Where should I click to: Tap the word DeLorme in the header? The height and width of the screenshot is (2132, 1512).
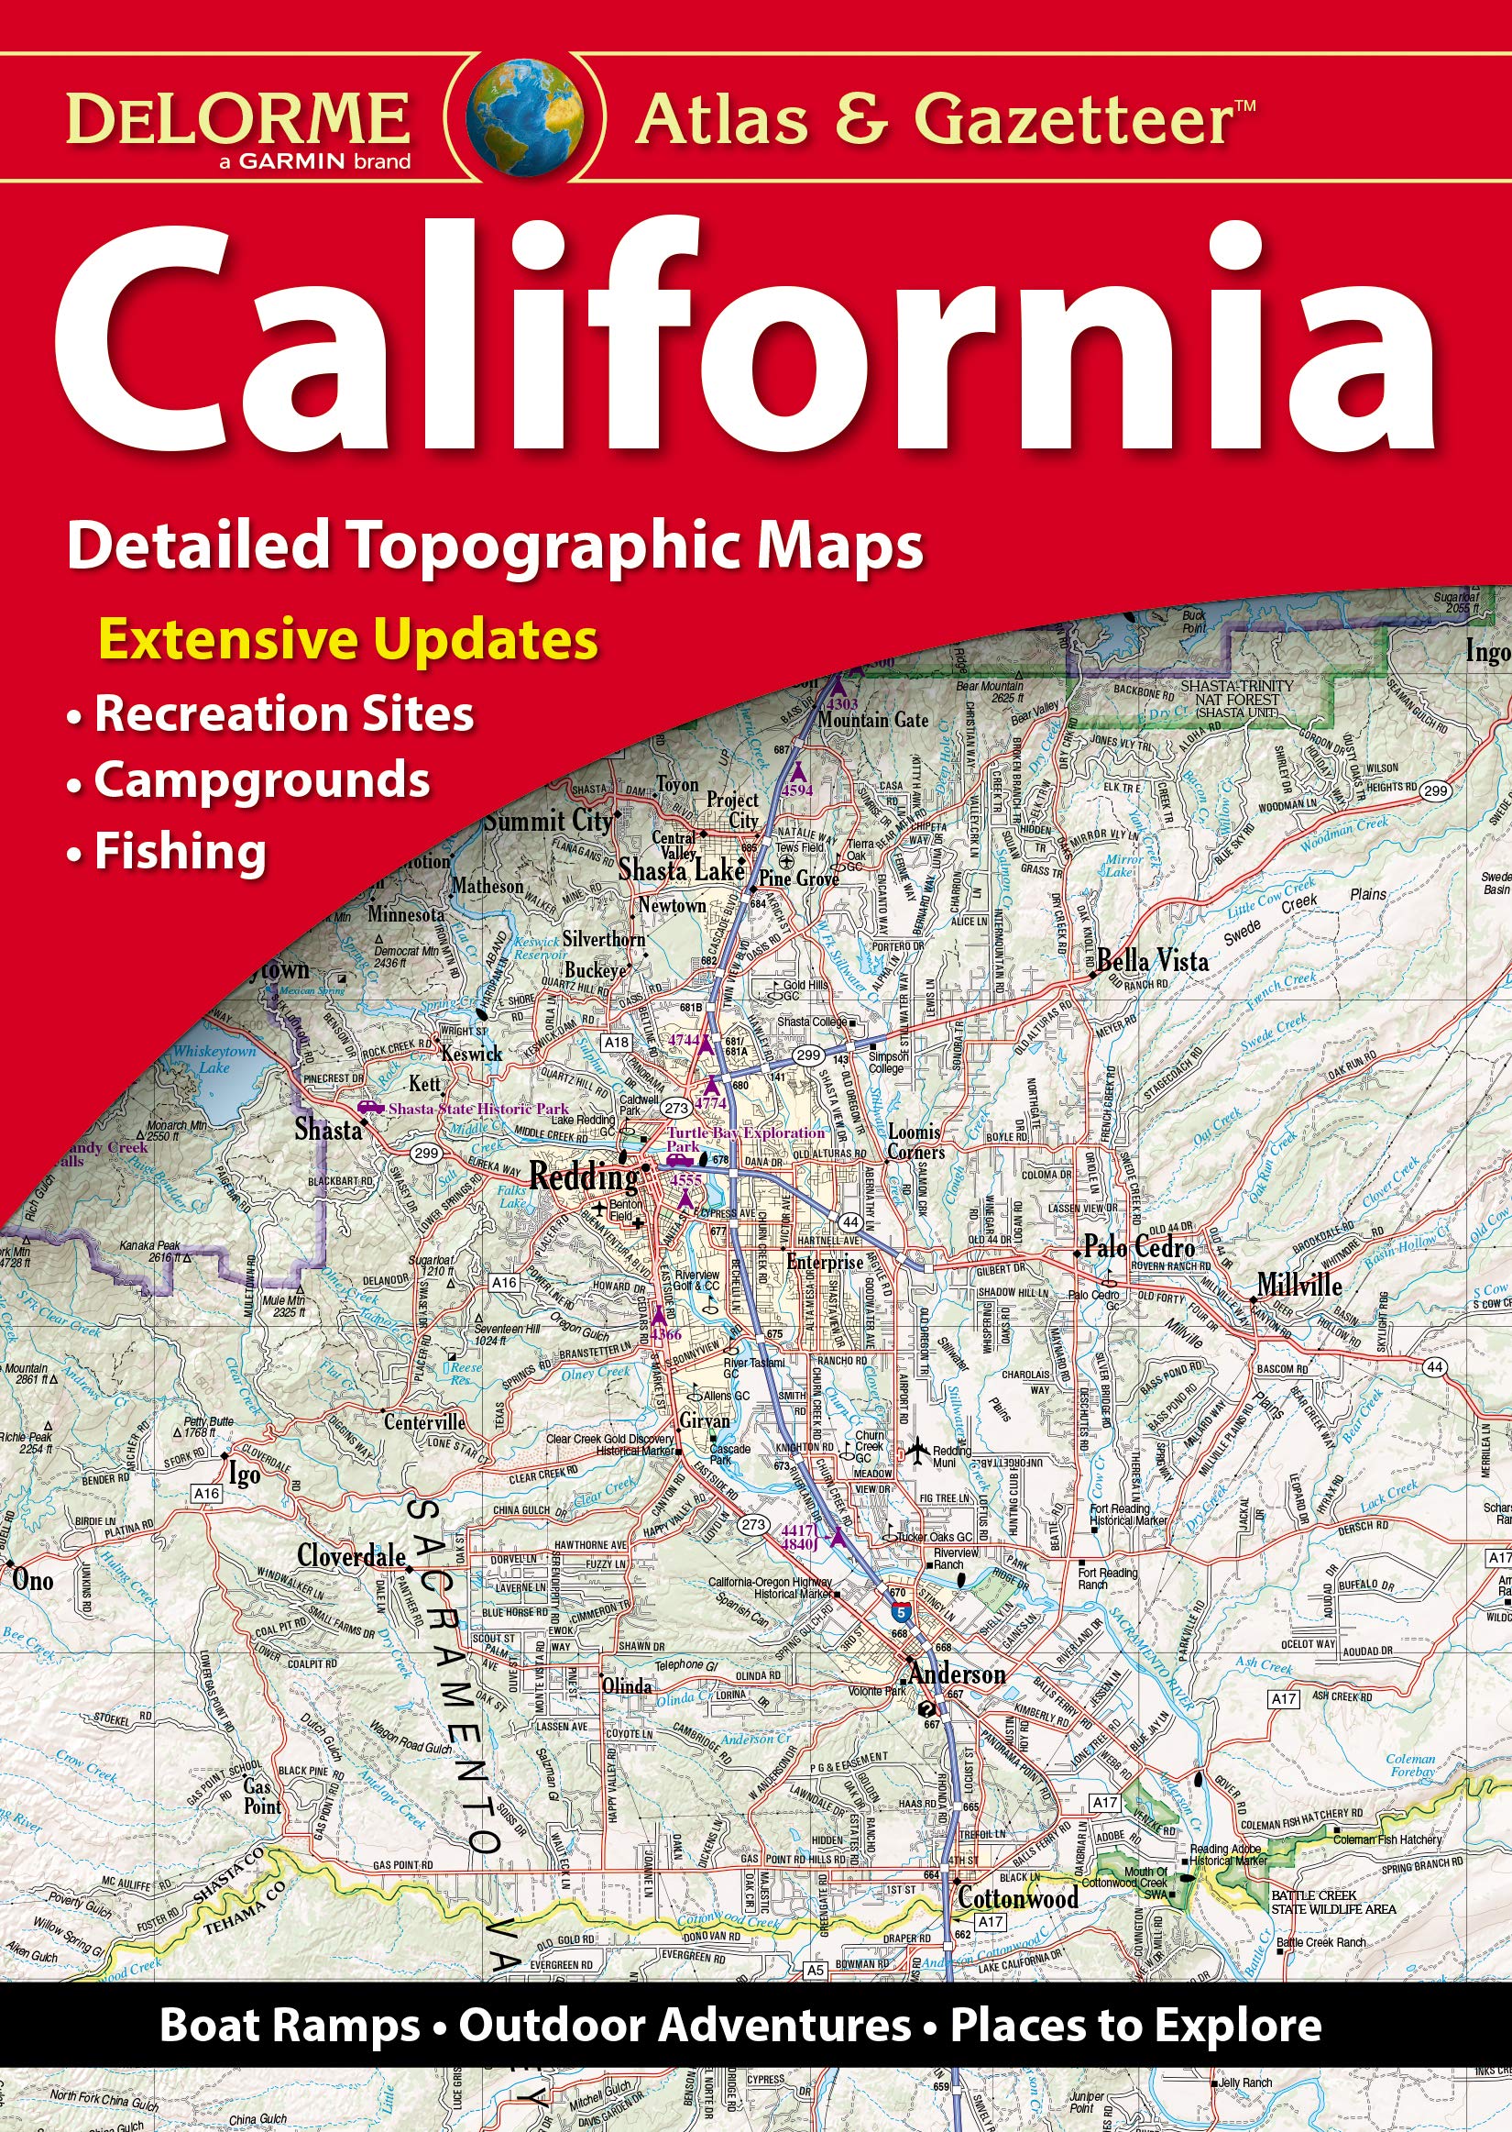[x=237, y=118]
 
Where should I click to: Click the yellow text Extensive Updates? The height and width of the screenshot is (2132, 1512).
[x=348, y=641]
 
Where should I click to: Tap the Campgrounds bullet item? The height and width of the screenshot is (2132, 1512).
[x=260, y=780]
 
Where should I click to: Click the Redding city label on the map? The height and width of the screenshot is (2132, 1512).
[x=584, y=1177]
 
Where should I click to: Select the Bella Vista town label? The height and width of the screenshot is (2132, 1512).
[x=1153, y=960]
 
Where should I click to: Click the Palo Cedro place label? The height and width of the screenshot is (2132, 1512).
[x=1139, y=1247]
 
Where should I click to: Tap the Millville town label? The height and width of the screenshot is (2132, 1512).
[x=1298, y=1286]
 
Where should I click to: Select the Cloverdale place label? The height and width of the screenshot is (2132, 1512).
[x=351, y=1556]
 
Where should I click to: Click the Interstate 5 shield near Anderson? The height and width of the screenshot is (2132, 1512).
[x=896, y=1608]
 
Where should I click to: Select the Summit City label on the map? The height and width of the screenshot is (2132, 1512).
[x=547, y=821]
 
